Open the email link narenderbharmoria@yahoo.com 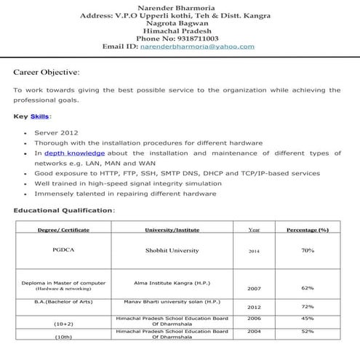[x=208, y=47]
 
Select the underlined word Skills [x=40, y=116]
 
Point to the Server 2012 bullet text [x=55, y=133]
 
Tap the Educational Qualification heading [x=63, y=210]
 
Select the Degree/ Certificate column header [x=63, y=230]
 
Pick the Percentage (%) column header [x=308, y=230]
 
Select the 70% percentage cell [x=308, y=250]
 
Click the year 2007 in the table [x=254, y=289]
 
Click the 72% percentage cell [x=308, y=307]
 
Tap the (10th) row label [x=63, y=339]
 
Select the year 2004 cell [x=254, y=332]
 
